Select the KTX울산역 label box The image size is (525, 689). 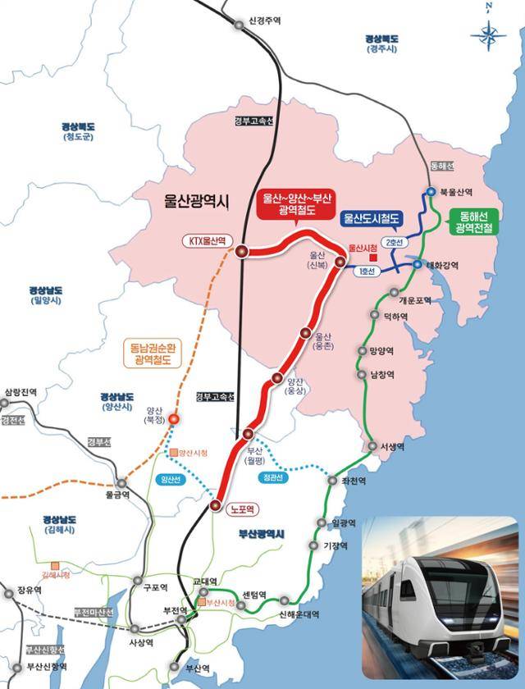coord(208,241)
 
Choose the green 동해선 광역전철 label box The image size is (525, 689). coord(475,222)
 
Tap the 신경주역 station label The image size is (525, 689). coord(264,23)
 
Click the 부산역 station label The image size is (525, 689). coord(198,668)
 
